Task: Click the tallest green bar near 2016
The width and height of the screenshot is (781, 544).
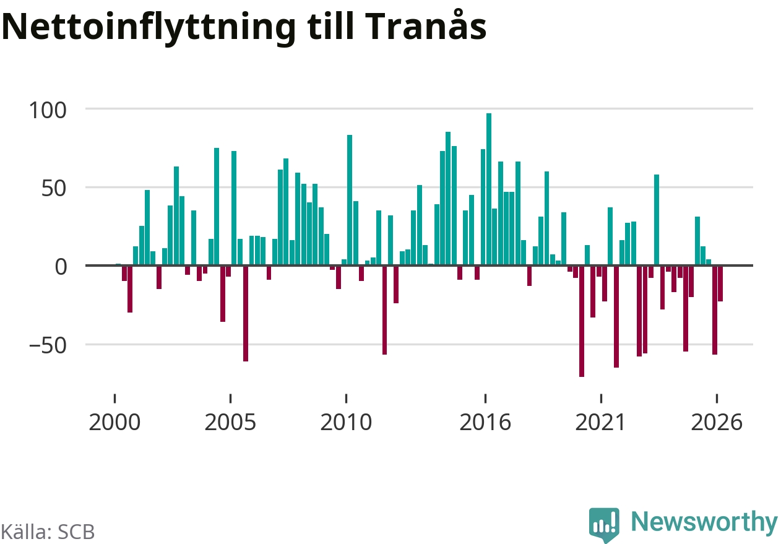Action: (489, 189)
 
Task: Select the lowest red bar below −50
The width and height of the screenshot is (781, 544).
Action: (582, 321)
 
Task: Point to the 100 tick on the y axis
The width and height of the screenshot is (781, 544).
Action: (48, 110)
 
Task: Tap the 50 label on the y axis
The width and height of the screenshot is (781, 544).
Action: (54, 189)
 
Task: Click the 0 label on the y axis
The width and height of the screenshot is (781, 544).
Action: (61, 267)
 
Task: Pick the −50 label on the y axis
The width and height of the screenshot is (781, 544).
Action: (48, 346)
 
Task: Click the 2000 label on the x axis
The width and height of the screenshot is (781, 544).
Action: (114, 423)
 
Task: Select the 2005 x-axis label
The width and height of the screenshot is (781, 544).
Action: (230, 423)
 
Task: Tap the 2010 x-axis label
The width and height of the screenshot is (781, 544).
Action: (346, 423)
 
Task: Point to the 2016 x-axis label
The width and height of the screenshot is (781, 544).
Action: (485, 423)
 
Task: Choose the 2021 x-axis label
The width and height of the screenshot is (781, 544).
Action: (600, 423)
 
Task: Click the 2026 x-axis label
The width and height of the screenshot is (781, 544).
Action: (717, 423)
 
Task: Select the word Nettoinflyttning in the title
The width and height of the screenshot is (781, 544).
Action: (149, 28)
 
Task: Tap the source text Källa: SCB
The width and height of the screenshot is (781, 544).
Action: (48, 532)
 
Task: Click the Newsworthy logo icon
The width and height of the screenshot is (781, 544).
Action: (604, 524)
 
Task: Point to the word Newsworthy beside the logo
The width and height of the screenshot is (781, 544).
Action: (704, 522)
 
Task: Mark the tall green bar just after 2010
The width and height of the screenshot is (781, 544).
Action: (350, 200)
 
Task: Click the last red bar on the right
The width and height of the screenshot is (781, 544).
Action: (720, 283)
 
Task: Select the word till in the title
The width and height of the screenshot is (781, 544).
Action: (330, 26)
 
